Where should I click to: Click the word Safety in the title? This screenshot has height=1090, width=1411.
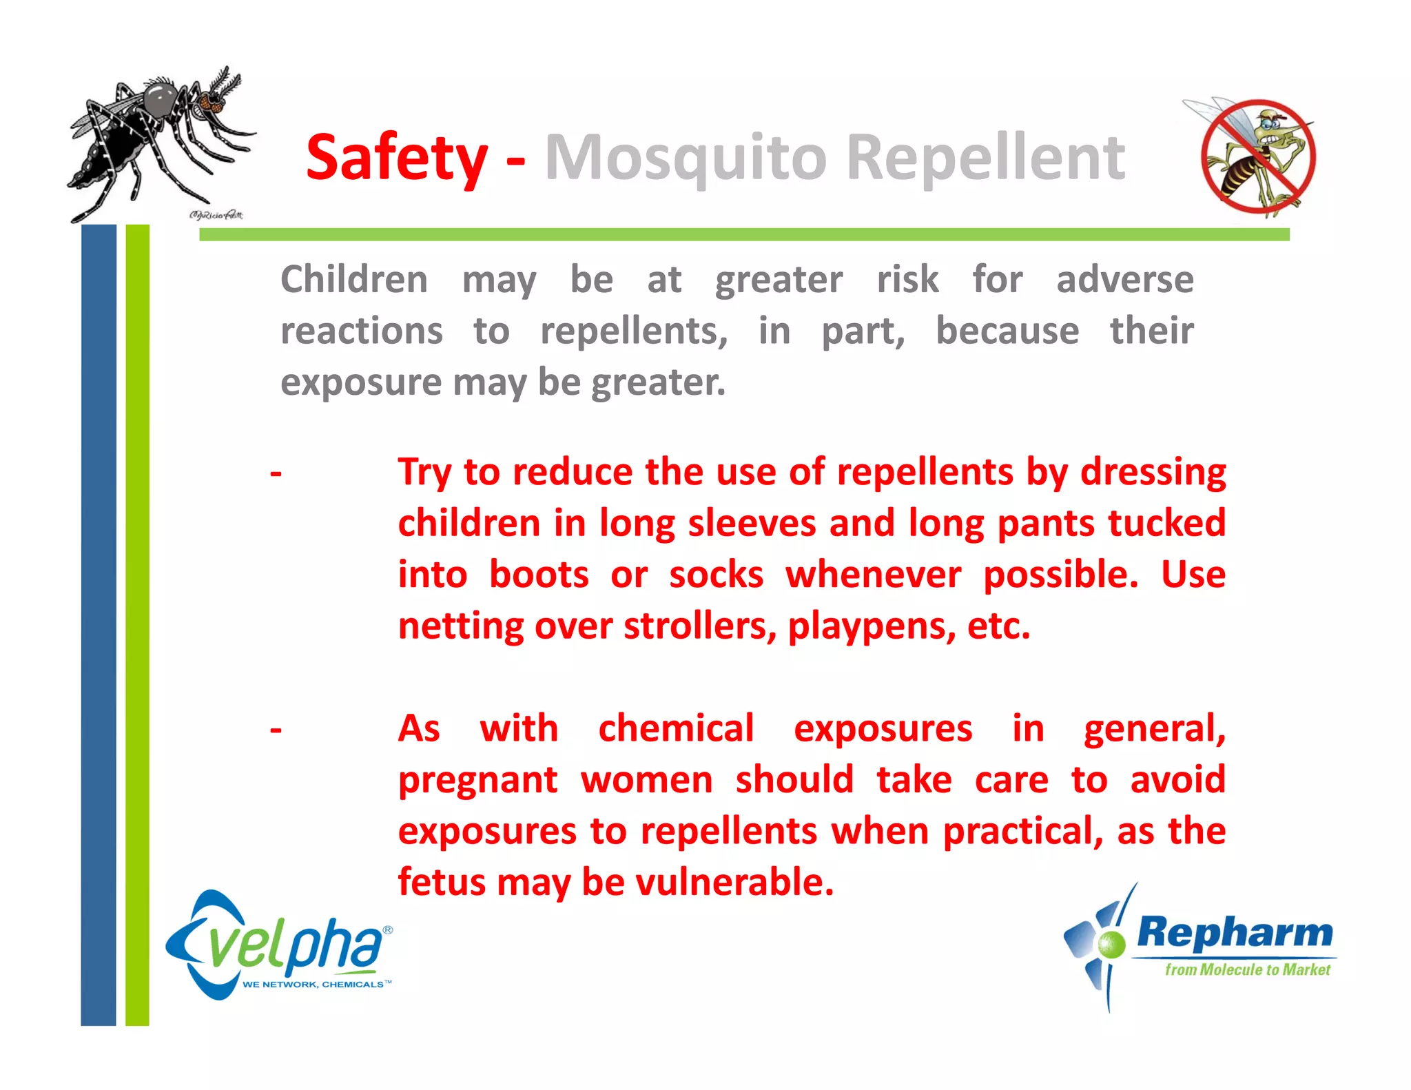[x=397, y=158]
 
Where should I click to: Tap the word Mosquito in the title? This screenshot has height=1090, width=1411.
[x=686, y=158]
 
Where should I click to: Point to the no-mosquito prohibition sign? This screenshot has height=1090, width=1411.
[x=1257, y=157]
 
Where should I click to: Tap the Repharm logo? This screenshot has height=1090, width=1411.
[x=1199, y=944]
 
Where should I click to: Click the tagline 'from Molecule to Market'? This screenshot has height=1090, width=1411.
[x=1247, y=970]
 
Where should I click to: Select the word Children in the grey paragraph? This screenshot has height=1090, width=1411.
[x=354, y=280]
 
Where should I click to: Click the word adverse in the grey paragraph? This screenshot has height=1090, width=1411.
[x=1124, y=280]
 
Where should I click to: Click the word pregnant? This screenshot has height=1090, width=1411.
[x=477, y=781]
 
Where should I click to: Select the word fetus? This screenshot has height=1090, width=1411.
[x=442, y=882]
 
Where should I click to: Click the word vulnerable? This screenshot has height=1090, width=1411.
[x=734, y=882]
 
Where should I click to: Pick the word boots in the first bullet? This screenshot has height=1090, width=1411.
[x=539, y=575]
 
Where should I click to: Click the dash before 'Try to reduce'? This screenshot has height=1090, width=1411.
[x=276, y=473]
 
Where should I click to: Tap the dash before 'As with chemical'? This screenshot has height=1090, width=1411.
[x=276, y=730]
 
